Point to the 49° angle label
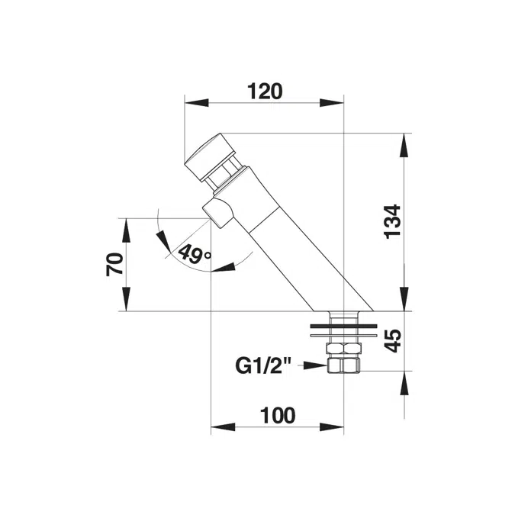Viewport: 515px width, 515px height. point(195,253)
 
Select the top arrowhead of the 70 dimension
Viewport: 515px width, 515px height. point(125,226)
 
